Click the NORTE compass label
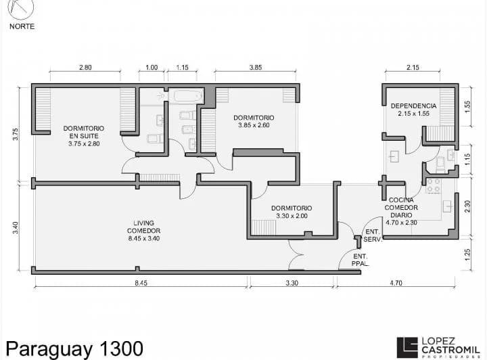[22, 26]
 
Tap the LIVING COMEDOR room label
[143, 227]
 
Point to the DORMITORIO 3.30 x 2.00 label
[292, 212]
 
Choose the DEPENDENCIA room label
[413, 110]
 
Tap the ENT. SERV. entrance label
[373, 235]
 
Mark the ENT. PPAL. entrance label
[361, 260]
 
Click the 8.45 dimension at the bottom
[140, 284]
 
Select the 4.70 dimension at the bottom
[396, 284]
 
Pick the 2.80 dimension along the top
[85, 68]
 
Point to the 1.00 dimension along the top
[152, 68]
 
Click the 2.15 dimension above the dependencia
[413, 68]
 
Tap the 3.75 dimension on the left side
[16, 134]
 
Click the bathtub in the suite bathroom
[187, 96]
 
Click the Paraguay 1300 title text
[72, 348]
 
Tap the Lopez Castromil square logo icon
[407, 346]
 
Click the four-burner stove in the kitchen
[434, 185]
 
